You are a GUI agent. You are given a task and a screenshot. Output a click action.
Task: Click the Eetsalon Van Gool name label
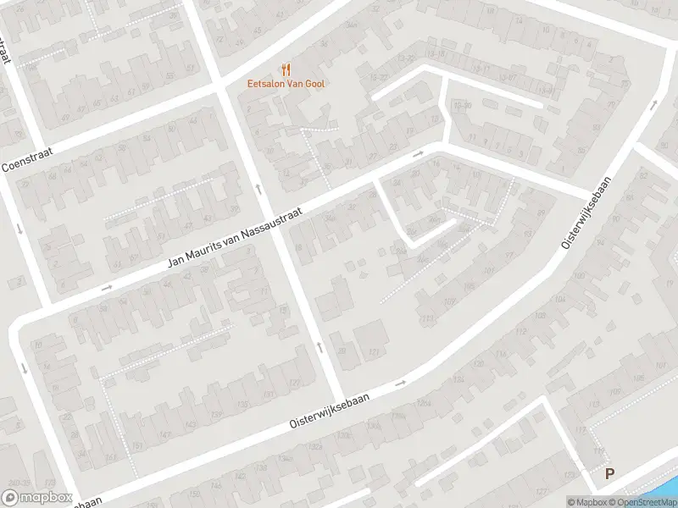pyautogui.click(x=285, y=83)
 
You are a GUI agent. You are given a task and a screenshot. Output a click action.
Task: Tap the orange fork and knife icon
pyautogui.click(x=286, y=69)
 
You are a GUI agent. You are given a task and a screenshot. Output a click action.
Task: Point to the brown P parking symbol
pyautogui.click(x=609, y=475)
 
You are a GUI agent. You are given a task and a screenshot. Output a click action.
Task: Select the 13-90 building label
pyautogui.click(x=463, y=105)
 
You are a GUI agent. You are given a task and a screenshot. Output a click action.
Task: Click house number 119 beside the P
pyautogui.click(x=600, y=452)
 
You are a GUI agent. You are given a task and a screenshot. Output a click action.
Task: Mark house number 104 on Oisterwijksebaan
pyautogui.click(x=559, y=299)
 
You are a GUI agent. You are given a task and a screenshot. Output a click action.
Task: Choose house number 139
pyautogui.click(x=218, y=415)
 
